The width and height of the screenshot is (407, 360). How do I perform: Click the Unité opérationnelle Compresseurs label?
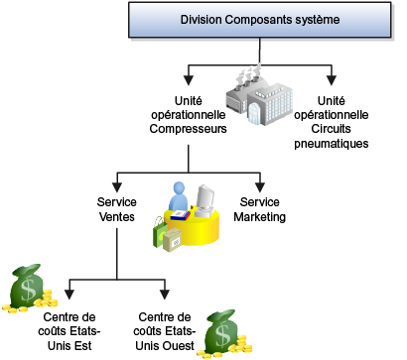189,115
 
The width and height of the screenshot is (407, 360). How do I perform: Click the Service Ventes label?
117,208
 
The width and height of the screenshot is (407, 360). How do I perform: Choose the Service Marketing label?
259,208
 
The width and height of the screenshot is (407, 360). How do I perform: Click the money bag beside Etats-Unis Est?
25,288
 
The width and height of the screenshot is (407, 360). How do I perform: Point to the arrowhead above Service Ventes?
117,186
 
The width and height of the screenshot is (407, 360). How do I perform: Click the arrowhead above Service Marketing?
259,186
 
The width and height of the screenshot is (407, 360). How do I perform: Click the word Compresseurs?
189,128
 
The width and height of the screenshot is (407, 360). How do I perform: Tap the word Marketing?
259,215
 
